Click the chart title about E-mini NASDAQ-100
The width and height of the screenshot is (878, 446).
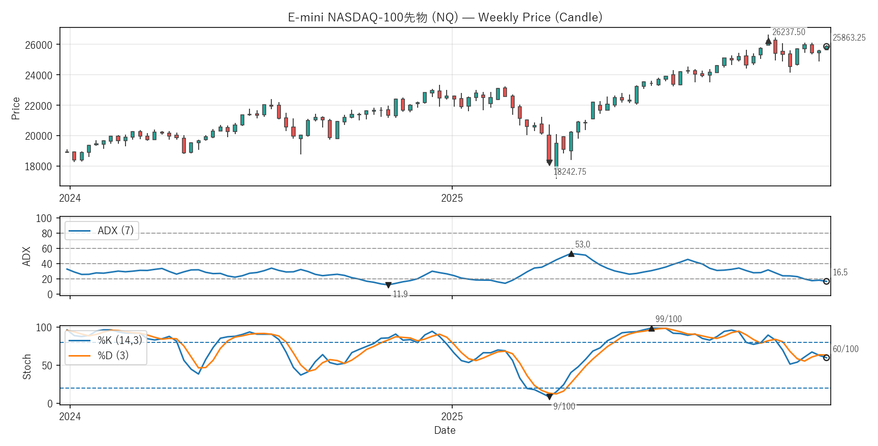[445, 17]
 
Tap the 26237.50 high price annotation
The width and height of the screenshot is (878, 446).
[789, 32]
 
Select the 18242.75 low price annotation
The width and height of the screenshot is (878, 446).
[570, 172]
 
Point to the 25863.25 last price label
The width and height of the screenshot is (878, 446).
[849, 38]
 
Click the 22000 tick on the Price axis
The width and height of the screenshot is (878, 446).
[39, 106]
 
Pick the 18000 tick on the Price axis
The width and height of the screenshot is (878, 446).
[39, 167]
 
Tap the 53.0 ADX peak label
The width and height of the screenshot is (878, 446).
[582, 244]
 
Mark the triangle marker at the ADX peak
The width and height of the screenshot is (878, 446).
[571, 253]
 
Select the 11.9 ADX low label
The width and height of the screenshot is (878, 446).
[400, 294]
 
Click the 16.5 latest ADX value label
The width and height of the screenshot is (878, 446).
[840, 272]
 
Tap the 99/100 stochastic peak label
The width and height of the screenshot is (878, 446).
[668, 319]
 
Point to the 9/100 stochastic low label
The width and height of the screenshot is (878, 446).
[564, 406]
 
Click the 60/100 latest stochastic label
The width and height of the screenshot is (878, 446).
[845, 349]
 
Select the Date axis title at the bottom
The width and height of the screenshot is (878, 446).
[445, 430]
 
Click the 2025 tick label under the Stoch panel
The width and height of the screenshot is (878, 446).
[452, 417]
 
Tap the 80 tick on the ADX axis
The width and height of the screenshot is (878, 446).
[47, 234]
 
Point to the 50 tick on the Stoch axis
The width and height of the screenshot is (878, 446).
[47, 366]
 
